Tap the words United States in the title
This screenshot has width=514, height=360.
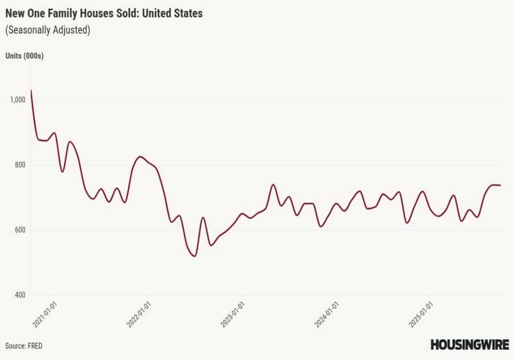pos(174,13)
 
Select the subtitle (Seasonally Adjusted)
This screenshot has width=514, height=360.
pos(48,30)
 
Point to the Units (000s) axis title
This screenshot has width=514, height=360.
pos(25,56)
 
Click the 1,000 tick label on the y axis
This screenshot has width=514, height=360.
pos(18,100)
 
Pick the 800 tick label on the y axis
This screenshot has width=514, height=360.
pos(20,165)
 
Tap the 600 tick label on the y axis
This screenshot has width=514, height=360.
pos(20,230)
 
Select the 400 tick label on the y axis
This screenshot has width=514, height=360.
pos(20,295)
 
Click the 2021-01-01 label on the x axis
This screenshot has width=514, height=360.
pos(45,315)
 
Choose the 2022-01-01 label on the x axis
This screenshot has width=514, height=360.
pos(139,315)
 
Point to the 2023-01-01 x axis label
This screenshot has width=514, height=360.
pos(233,315)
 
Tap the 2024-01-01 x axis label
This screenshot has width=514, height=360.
pos(327,315)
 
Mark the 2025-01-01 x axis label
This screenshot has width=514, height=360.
pos(421,315)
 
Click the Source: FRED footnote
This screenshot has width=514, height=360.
pos(24,346)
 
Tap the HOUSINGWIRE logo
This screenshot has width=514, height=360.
pos(469,345)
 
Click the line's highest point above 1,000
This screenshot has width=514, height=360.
pos(31,90)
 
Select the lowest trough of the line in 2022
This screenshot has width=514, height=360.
pos(195,256)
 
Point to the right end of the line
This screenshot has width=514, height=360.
pos(501,185)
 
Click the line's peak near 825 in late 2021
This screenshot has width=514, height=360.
pos(140,157)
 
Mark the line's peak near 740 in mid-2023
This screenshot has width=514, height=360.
pos(273,185)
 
